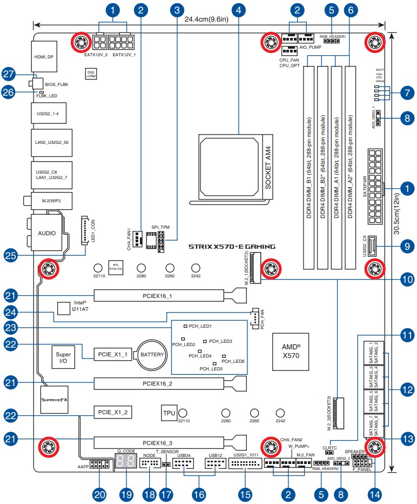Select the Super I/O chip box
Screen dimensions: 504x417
point(63,355)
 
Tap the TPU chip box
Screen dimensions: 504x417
point(169,413)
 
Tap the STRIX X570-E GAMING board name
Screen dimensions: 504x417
point(232,247)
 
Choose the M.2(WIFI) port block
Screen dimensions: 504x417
point(47,201)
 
